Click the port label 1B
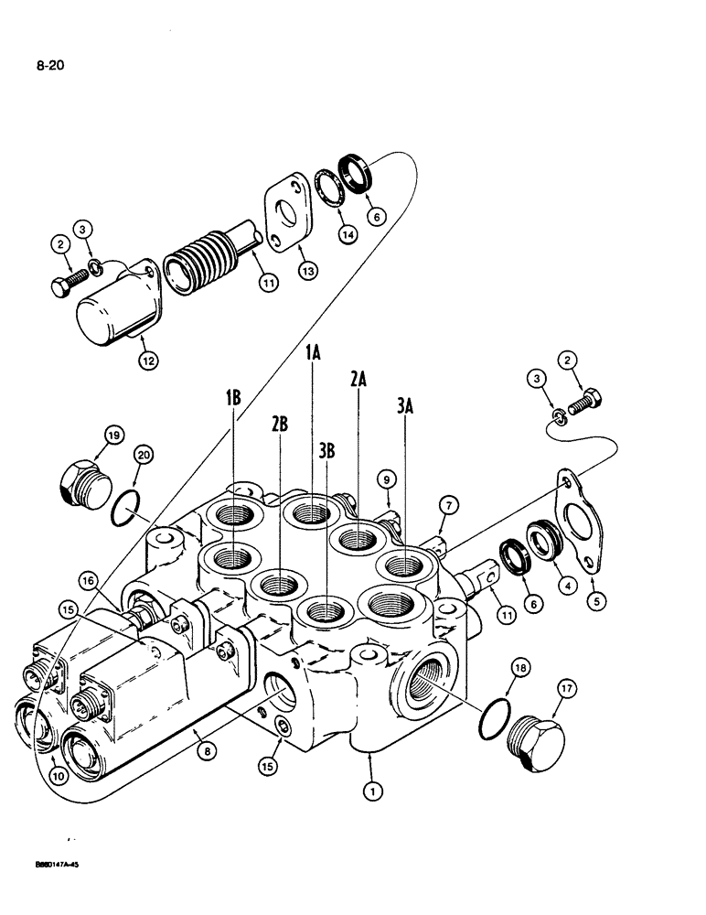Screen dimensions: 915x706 click(x=233, y=399)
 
